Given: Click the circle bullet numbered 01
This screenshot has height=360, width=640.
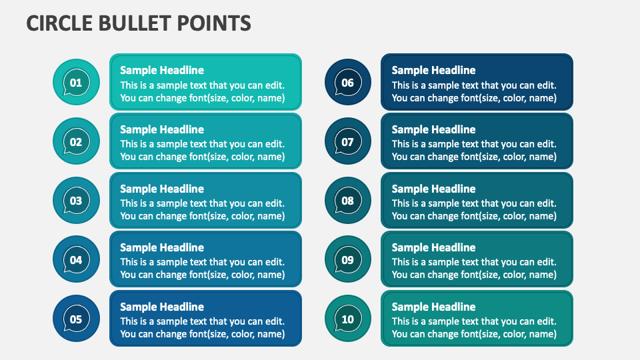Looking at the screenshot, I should tap(76, 83).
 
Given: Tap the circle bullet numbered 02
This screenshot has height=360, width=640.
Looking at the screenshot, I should tap(76, 141).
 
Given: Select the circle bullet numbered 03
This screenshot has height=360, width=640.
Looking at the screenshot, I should tap(76, 201).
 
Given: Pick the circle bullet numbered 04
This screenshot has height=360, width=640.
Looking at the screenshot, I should tap(76, 260).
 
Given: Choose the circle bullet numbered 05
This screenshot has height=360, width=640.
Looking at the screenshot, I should tap(76, 319).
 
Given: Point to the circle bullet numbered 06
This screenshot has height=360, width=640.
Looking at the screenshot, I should tap(347, 83).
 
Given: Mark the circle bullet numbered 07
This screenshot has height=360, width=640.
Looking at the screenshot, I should tap(347, 141).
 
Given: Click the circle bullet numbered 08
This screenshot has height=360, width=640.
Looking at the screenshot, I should tap(347, 201).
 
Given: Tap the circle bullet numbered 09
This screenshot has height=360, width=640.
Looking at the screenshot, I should tap(347, 260).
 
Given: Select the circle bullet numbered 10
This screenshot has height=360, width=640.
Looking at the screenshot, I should tap(347, 319).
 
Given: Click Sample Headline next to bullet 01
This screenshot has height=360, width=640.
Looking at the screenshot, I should tap(162, 70).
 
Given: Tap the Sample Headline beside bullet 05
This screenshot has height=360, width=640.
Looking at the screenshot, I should tap(162, 307).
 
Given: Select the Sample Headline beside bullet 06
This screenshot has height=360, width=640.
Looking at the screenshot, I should tap(433, 70).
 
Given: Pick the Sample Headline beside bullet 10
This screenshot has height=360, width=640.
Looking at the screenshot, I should tap(433, 307).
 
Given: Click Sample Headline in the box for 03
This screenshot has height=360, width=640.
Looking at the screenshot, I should tap(162, 189).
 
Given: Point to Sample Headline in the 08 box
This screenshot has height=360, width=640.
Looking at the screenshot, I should tap(433, 189).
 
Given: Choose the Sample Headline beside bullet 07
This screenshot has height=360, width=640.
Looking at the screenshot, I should tap(433, 129).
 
